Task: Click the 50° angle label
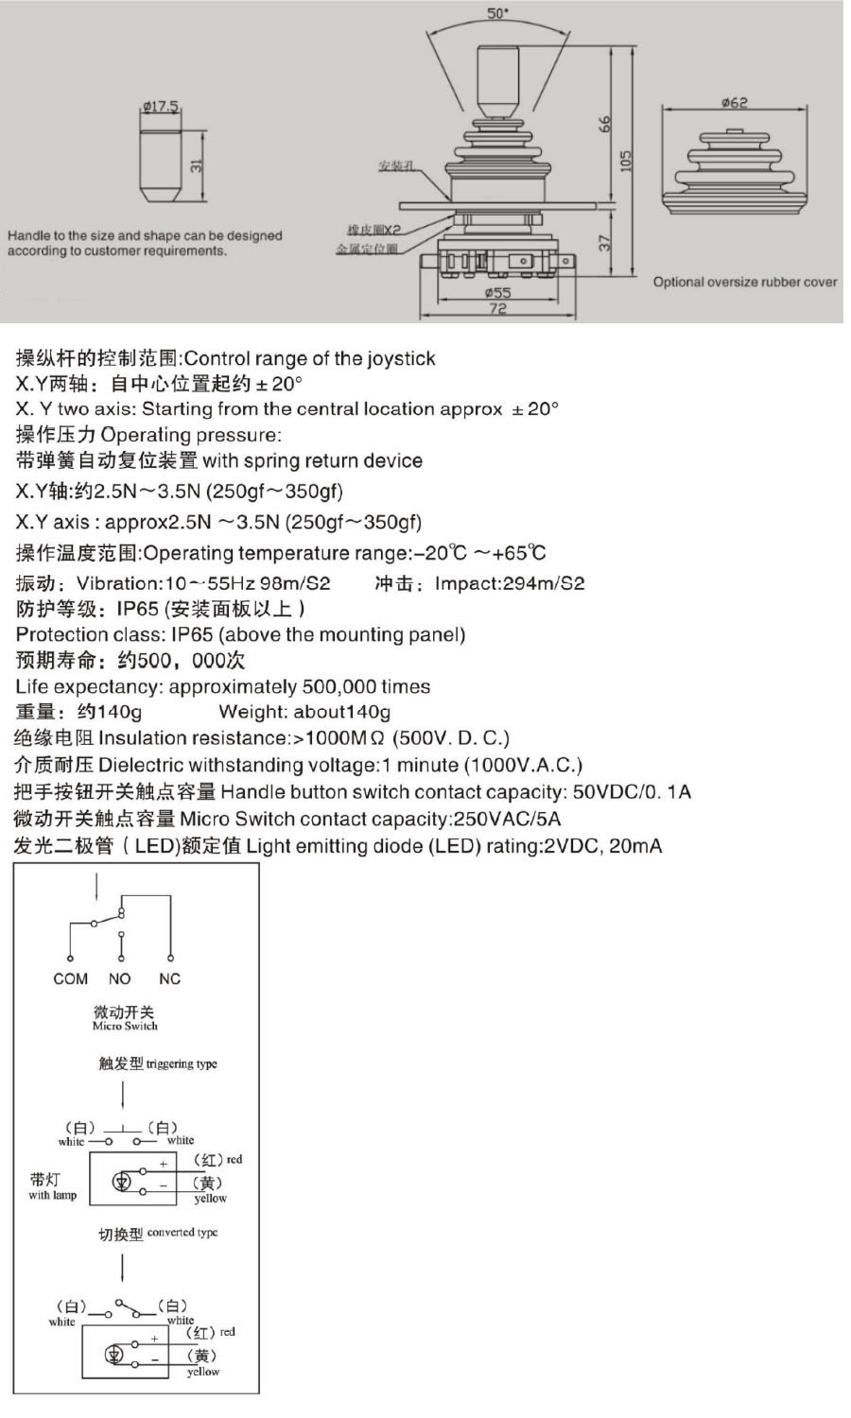(x=498, y=13)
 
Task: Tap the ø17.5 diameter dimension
(x=161, y=107)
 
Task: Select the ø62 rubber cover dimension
(x=734, y=102)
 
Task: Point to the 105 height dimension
(x=625, y=161)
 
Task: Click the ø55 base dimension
(x=497, y=293)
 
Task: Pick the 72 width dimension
(x=497, y=309)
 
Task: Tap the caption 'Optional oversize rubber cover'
(x=744, y=282)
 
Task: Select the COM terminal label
(x=70, y=979)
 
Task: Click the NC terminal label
(x=169, y=979)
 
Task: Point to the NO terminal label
(x=120, y=979)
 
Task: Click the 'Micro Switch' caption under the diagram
(x=125, y=1026)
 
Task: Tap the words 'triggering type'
(x=182, y=1063)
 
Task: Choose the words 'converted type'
(x=182, y=1233)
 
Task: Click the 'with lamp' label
(x=52, y=1195)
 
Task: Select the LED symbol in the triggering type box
(x=121, y=1182)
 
